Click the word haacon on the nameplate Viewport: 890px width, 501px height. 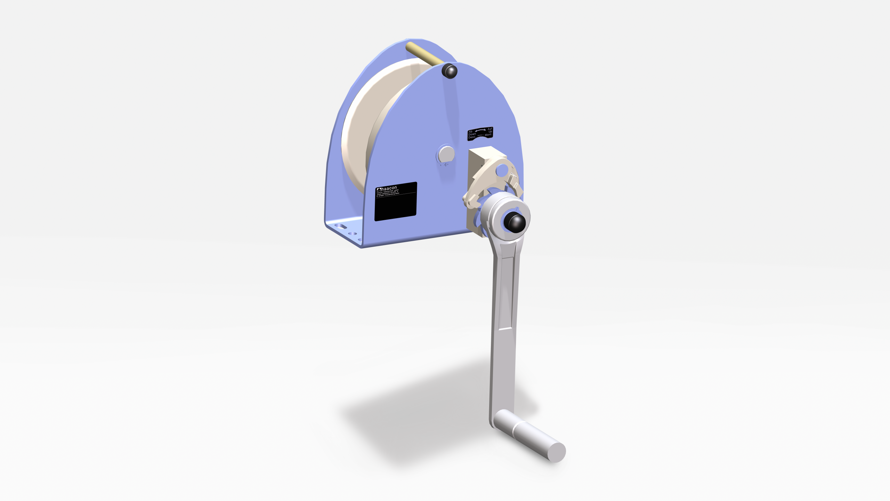tap(389, 188)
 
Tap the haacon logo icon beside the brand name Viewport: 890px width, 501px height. tap(379, 190)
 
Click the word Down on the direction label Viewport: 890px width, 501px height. tap(472, 134)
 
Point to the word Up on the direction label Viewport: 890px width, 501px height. tap(490, 132)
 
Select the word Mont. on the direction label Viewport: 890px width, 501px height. tap(488, 135)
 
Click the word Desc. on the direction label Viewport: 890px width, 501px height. tap(472, 137)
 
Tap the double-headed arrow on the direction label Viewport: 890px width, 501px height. tap(480, 130)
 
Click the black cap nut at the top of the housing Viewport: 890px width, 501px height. tap(450, 71)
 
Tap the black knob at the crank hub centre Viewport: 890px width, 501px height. tap(515, 223)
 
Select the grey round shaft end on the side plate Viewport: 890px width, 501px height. tap(446, 154)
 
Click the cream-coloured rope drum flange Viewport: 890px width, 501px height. tap(362, 115)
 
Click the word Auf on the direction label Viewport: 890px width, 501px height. tap(490, 129)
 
